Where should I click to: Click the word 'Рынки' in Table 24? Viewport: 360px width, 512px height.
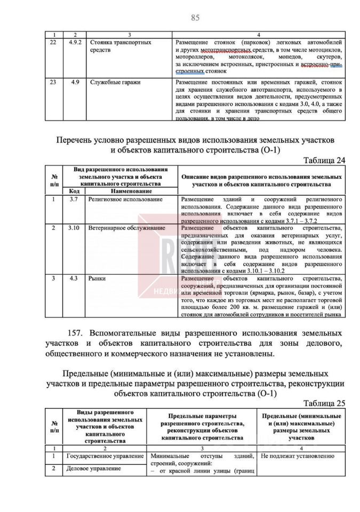click(x=98, y=278)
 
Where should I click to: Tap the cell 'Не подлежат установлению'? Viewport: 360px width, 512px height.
click(x=298, y=457)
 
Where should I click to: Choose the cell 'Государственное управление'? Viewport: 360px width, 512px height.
click(x=105, y=457)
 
